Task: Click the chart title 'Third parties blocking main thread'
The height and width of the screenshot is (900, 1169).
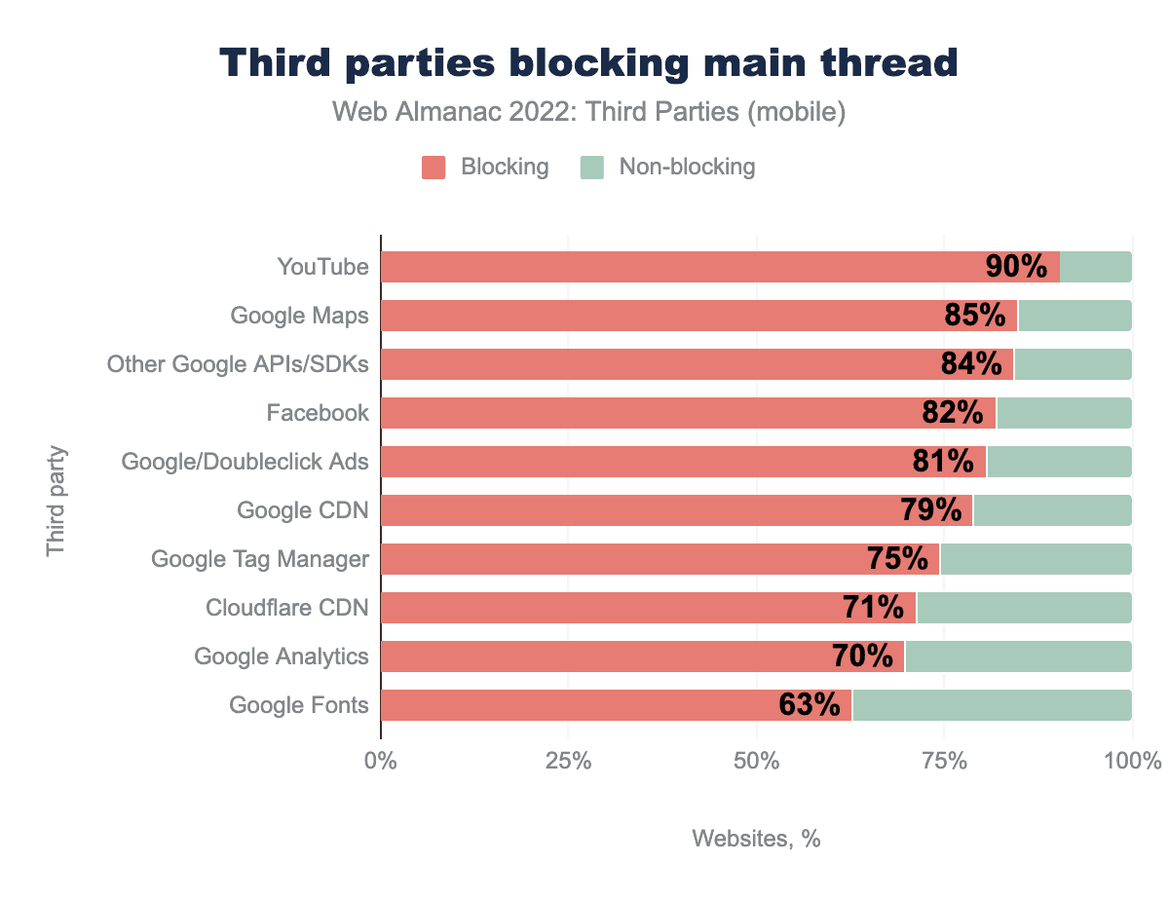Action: click(x=588, y=63)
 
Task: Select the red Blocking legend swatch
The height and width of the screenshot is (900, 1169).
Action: click(x=434, y=168)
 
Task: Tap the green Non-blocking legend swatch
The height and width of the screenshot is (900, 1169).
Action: click(x=592, y=168)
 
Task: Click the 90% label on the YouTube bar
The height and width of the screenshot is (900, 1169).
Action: click(x=1016, y=267)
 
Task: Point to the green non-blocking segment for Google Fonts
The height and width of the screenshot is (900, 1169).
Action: click(x=992, y=705)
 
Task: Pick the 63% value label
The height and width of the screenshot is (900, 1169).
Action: click(x=810, y=705)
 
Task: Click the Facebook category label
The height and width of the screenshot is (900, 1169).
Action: click(x=318, y=413)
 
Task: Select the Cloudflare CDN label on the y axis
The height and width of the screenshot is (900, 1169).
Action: click(x=287, y=608)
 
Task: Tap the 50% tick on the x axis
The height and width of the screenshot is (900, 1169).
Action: click(x=756, y=761)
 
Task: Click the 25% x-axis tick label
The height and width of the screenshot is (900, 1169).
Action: click(x=568, y=761)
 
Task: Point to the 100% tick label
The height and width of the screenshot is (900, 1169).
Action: click(x=1132, y=761)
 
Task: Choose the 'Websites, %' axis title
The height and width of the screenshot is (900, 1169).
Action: click(x=756, y=839)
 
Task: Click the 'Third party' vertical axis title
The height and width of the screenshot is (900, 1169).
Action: click(x=56, y=501)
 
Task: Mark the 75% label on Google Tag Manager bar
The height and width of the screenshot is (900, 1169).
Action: click(x=897, y=559)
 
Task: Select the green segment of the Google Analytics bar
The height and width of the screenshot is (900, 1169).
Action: click(x=1018, y=656)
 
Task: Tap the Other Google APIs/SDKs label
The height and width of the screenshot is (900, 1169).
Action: click(x=238, y=364)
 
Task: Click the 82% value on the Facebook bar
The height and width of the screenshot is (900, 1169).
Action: click(x=952, y=413)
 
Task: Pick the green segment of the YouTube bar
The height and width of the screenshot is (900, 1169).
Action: click(x=1096, y=267)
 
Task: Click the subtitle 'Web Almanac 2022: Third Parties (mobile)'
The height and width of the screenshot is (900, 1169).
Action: click(x=588, y=112)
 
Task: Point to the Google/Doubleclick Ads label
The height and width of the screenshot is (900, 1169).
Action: click(x=245, y=462)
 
